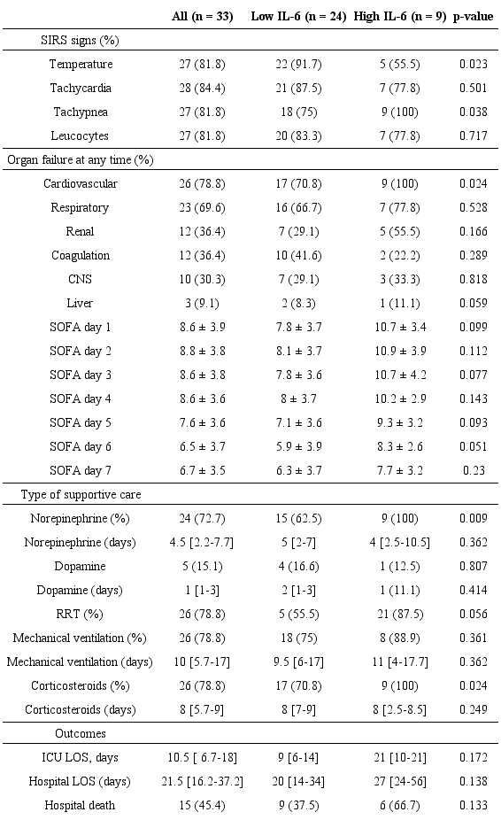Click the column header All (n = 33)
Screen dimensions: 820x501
pyautogui.click(x=202, y=17)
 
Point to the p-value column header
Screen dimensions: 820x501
pyautogui.click(x=473, y=17)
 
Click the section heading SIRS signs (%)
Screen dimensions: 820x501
pyautogui.click(x=81, y=41)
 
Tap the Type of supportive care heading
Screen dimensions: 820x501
pyautogui.click(x=81, y=493)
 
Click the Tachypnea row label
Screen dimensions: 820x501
pyautogui.click(x=81, y=112)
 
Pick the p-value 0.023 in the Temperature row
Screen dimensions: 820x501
pyautogui.click(x=473, y=65)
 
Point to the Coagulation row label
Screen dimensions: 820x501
pyautogui.click(x=81, y=255)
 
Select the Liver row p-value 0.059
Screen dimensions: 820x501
pyautogui.click(x=473, y=303)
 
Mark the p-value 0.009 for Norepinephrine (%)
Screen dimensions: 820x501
pyautogui.click(x=473, y=517)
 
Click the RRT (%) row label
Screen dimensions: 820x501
pyautogui.click(x=81, y=613)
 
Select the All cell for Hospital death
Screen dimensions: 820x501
pyautogui.click(x=202, y=805)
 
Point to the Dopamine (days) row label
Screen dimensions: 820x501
pyautogui.click(x=81, y=589)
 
